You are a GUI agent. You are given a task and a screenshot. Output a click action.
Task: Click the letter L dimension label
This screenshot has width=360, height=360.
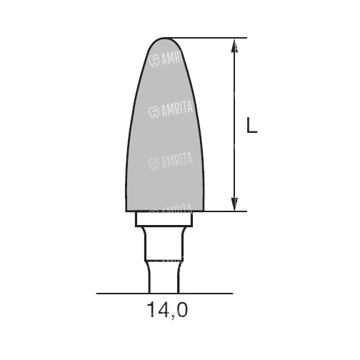[251, 125]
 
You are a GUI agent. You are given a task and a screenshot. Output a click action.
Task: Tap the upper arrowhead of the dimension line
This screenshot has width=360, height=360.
[234, 46]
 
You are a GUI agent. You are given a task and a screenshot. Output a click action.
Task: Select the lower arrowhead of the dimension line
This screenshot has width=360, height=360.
[234, 204]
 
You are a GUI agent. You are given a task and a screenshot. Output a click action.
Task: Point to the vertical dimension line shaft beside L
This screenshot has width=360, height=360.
[234, 125]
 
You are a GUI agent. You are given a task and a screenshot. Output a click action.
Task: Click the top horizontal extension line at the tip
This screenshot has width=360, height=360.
[206, 38]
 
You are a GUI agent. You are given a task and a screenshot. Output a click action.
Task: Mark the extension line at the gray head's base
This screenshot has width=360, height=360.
[225, 211]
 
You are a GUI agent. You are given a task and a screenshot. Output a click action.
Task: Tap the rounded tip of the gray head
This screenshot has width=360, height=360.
[165, 39]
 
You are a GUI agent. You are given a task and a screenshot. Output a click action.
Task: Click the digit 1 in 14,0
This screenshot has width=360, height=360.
[151, 309]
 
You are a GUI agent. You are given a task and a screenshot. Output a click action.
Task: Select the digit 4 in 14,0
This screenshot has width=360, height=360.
[162, 309]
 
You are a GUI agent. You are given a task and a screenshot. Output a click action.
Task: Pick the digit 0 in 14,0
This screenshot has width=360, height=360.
[181, 309]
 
